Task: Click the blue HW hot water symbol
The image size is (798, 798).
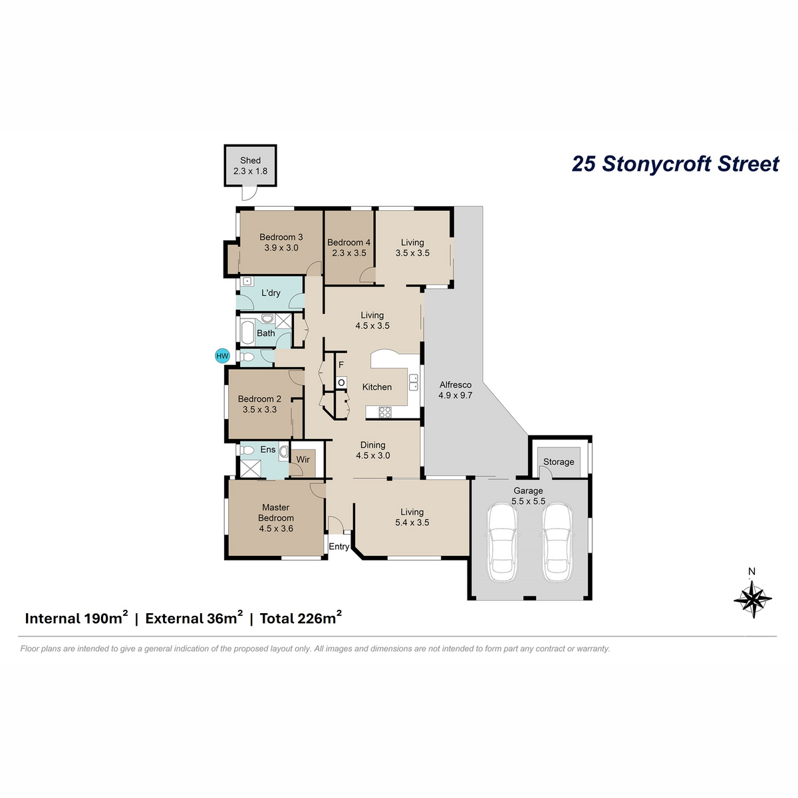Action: [x=222, y=356]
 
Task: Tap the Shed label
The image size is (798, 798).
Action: [x=250, y=160]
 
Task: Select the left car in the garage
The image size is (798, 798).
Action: [x=502, y=542]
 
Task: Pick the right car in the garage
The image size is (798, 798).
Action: [x=557, y=542]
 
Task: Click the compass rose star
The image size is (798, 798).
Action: [x=752, y=598]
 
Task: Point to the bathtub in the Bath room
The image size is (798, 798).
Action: [x=247, y=332]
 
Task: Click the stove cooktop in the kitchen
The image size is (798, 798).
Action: [x=385, y=412]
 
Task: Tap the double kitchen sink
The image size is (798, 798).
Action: [x=413, y=382]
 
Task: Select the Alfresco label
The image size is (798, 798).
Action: [x=456, y=385]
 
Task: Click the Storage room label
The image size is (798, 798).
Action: [x=559, y=462]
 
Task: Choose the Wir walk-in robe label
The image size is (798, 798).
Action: [x=303, y=460]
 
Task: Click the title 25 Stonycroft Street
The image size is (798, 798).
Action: [x=676, y=164]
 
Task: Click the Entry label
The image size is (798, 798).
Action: [x=338, y=547]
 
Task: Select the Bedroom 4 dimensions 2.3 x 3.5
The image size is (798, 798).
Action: [x=349, y=253]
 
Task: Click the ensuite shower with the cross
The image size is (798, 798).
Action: [x=251, y=467]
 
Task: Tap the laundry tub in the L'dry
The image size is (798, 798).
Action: [x=247, y=281]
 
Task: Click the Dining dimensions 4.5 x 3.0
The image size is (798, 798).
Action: [x=372, y=456]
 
